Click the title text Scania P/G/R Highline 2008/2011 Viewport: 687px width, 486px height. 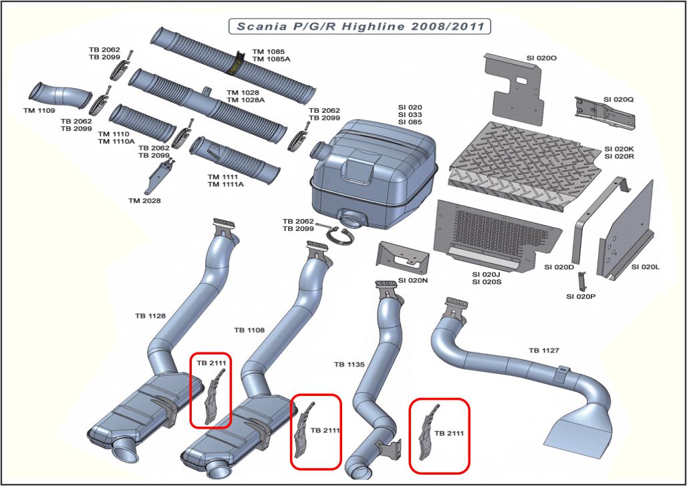[360, 26]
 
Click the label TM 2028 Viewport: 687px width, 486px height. [145, 200]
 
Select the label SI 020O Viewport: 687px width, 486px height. [541, 58]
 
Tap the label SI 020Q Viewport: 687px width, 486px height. [618, 99]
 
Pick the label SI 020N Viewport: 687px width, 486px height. [412, 280]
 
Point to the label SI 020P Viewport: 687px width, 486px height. [581, 296]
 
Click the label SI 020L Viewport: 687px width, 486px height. [646, 267]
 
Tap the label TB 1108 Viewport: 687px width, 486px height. [249, 330]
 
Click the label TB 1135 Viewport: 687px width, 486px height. [349, 364]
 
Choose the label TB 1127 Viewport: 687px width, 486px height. [543, 350]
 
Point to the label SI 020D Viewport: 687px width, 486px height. [559, 267]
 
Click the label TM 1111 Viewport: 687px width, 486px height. [223, 177]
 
